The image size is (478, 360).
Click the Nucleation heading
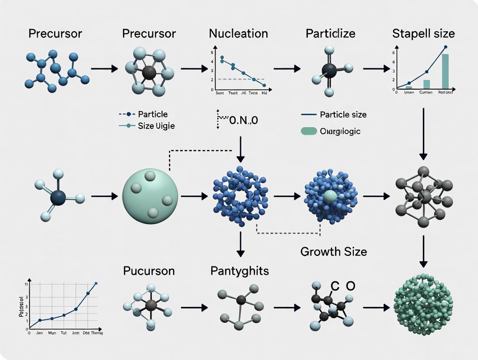pyautogui.click(x=238, y=33)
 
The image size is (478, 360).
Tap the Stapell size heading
pyautogui.click(x=423, y=33)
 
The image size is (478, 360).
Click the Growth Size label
pyautogui.click(x=333, y=251)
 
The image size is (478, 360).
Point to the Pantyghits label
pyautogui.click(x=239, y=271)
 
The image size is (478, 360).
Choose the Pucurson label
pyautogui.click(x=149, y=271)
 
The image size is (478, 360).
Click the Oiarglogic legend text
pyautogui.click(x=340, y=131)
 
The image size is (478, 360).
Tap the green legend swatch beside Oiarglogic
pyautogui.click(x=309, y=131)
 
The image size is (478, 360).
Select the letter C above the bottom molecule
pyautogui.click(x=335, y=286)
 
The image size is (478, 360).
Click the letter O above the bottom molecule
pyautogui.click(x=350, y=286)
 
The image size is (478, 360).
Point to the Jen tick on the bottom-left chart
pyautogui.click(x=40, y=333)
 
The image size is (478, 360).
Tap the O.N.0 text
pyautogui.click(x=242, y=120)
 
